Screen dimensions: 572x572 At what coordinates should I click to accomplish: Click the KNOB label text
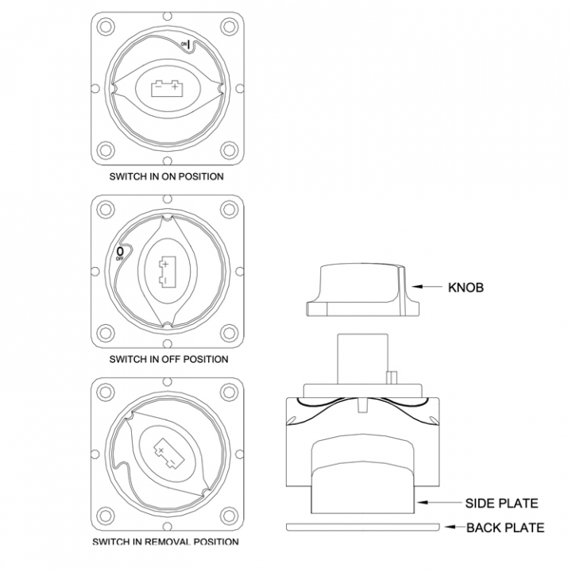466,288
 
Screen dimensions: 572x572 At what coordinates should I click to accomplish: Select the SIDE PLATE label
501,504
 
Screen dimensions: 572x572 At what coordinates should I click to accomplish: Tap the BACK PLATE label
505,528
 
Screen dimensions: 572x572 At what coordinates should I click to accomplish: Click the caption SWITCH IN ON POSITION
166,176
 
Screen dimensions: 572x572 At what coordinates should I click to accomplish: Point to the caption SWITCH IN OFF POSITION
168,359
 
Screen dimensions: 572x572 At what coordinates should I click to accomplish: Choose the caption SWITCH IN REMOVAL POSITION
165,542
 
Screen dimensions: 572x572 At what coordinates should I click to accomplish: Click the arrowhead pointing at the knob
418,287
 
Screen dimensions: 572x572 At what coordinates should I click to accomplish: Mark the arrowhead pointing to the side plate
423,502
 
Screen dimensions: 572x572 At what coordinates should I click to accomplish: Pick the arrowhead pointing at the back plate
450,527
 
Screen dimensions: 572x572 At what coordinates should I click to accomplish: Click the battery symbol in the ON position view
167,88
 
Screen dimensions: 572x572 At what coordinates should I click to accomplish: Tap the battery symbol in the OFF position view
167,271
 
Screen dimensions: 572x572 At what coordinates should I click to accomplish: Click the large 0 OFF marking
120,253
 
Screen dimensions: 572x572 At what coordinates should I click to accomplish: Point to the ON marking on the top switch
186,44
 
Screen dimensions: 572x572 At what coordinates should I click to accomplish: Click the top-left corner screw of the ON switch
106,27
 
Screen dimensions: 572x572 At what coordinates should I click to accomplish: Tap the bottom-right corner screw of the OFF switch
229,333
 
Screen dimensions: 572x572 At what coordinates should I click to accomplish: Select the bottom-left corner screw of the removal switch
106,516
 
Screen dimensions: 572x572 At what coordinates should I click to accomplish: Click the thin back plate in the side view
363,528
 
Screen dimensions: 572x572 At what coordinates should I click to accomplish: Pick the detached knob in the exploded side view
362,290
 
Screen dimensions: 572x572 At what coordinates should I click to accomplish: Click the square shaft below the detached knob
362,358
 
